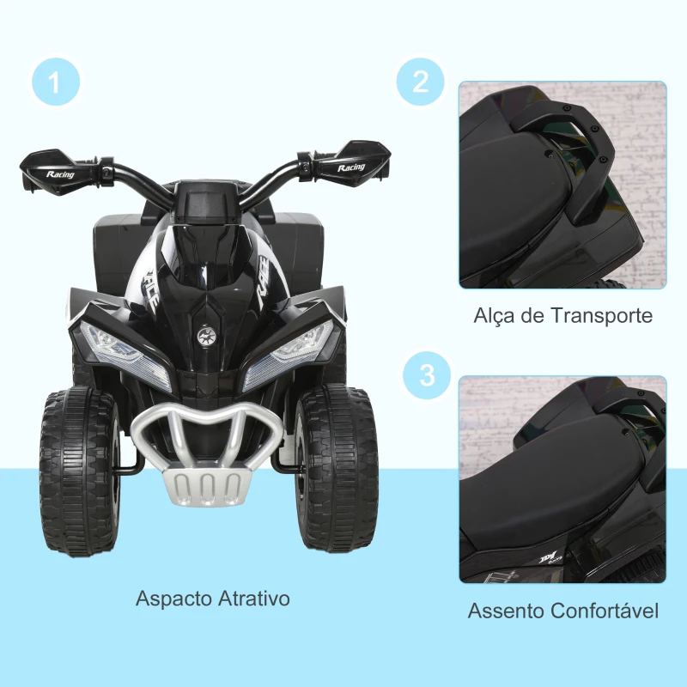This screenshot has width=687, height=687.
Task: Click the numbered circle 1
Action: coord(56,83)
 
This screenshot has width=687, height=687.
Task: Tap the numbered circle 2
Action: coord(421,82)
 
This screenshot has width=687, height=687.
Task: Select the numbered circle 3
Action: coord(421,376)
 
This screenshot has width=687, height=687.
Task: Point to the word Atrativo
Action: coord(253,598)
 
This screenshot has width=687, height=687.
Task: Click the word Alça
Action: coord(495,315)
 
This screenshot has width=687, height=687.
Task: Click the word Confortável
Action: coord(606,611)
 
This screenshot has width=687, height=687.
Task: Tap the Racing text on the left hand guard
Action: coord(61,174)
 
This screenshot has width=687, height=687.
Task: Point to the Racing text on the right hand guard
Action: coord(351,167)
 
